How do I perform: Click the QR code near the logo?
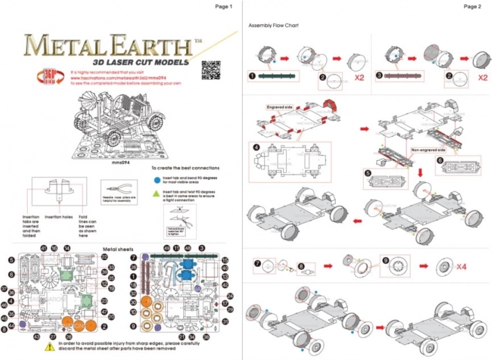pos(210,69)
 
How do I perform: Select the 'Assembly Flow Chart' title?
pos(273,25)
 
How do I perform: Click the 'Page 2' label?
pos(471,6)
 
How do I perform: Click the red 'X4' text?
pos(466,266)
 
